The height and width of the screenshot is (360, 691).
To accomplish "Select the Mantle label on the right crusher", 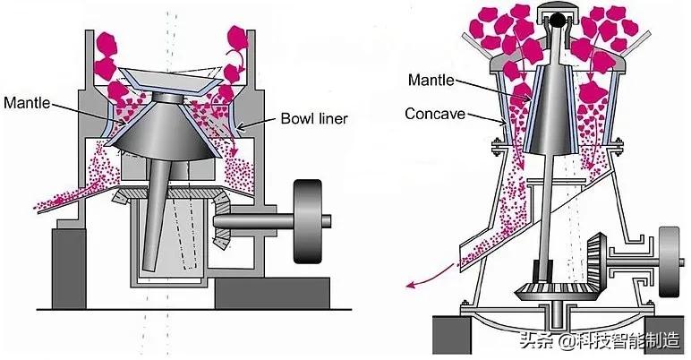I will pos(432,80).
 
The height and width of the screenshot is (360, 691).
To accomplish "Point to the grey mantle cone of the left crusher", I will pos(170,134).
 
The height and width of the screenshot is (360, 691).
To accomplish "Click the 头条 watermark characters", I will pos(533,339).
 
